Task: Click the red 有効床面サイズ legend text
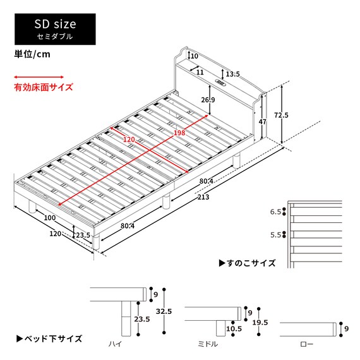[x=44, y=87]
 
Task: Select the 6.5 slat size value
[x=275, y=212]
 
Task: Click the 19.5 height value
[x=260, y=322]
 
